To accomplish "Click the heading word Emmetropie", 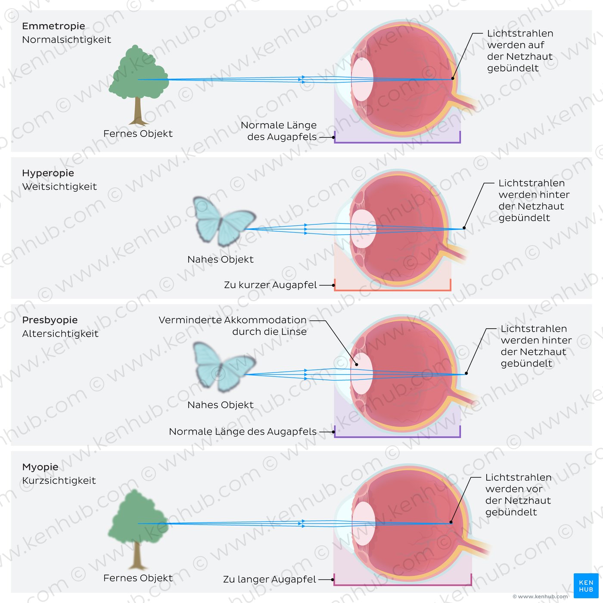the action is [53, 26].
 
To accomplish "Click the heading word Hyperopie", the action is [48, 173].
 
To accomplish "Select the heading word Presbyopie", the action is [50, 320].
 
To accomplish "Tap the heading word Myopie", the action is [40, 467].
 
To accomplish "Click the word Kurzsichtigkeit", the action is [59, 481].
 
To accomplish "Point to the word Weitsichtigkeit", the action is [59, 187].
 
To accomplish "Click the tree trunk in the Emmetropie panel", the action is [138, 112].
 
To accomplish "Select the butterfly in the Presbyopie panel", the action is [224, 367].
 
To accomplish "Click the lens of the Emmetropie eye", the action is [362, 80].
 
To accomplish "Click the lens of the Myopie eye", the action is [364, 524].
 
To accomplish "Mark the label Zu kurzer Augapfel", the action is [270, 285].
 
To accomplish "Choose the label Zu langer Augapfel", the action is [270, 580].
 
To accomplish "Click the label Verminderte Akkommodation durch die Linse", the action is [233, 326].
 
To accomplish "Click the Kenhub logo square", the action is [586, 585].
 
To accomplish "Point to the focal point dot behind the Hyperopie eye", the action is [464, 228].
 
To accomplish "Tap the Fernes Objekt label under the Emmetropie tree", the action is [138, 134].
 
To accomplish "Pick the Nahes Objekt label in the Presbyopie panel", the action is [220, 405].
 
